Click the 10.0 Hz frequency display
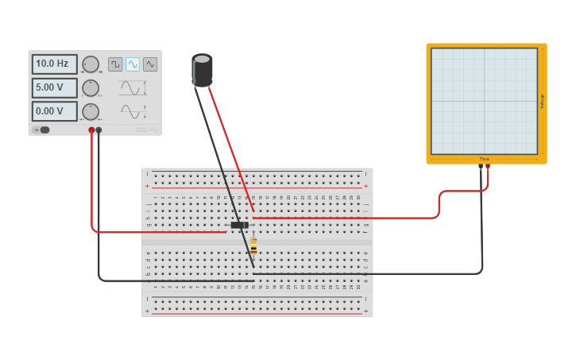(54, 64)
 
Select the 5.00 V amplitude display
(54, 87)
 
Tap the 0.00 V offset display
(54, 111)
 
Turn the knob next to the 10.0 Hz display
(91, 64)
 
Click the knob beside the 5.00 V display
(91, 87)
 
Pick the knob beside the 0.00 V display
(91, 111)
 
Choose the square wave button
(115, 64)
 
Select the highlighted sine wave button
(133, 64)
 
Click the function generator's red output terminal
(91, 130)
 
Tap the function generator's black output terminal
(99, 130)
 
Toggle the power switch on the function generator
(42, 130)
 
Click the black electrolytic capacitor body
(203, 70)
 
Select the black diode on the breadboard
(238, 225)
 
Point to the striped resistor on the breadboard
(253, 246)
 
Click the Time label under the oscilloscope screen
(484, 159)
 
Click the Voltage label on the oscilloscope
(542, 101)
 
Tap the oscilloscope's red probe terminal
(488, 166)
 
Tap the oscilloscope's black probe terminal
(481, 166)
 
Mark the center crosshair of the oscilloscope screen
(484, 101)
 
